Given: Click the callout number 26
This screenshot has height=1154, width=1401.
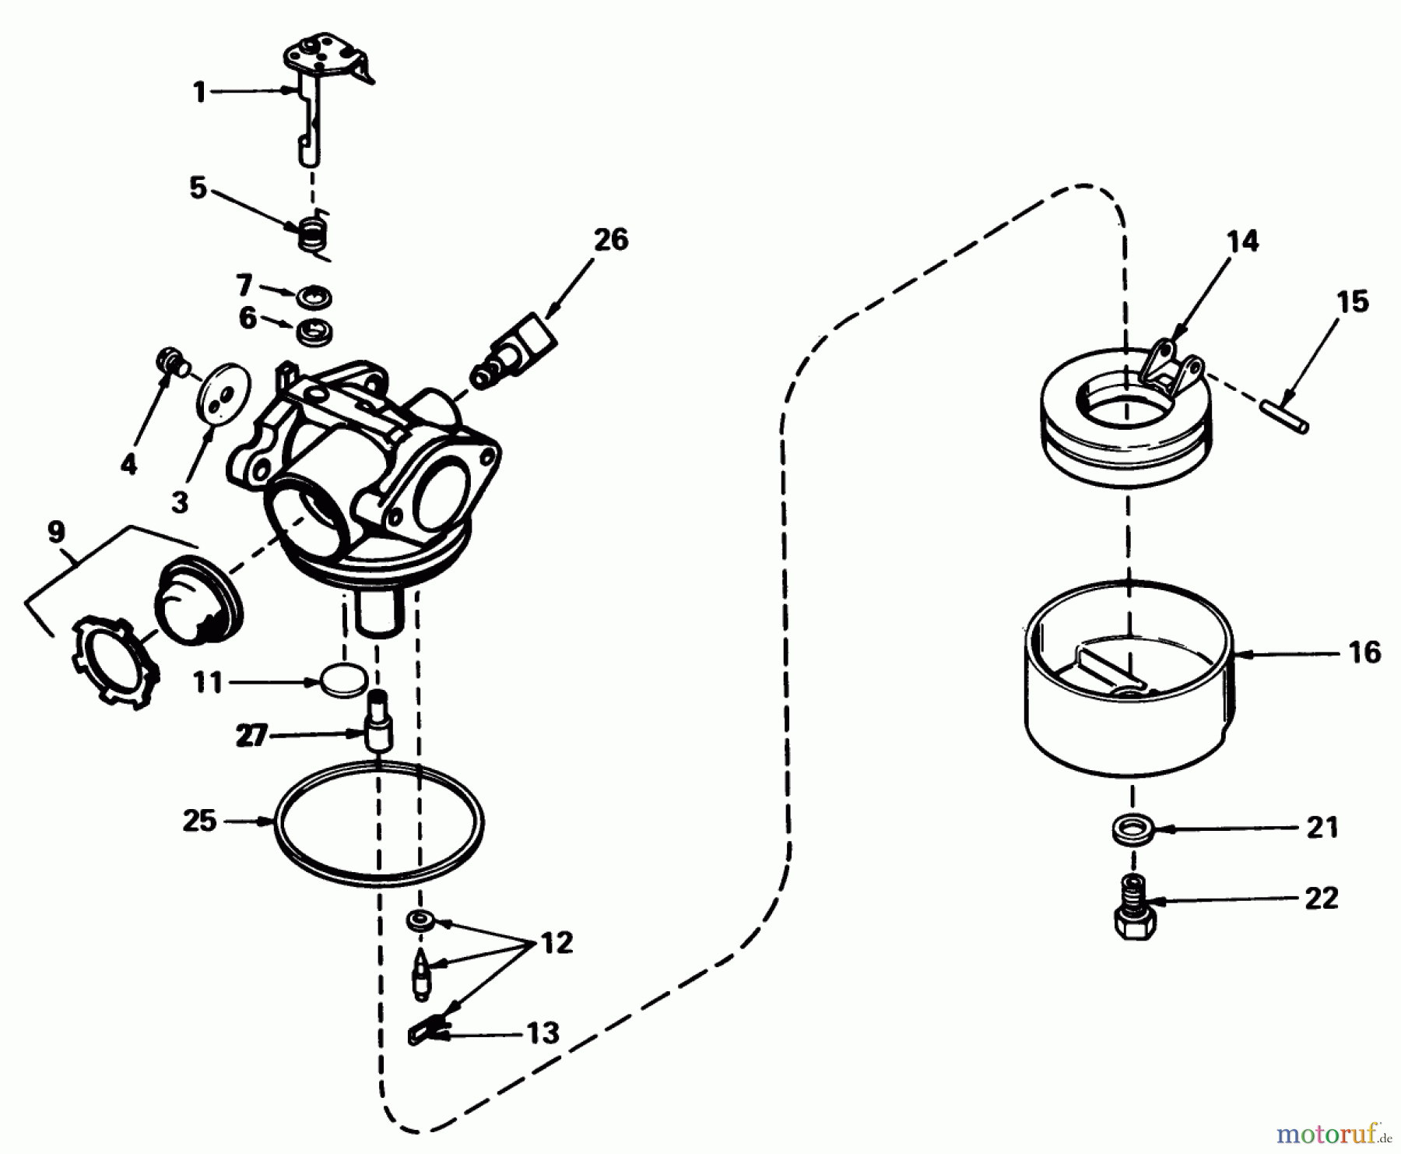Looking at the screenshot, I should click(610, 240).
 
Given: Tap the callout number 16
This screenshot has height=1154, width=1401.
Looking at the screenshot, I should click(1364, 652).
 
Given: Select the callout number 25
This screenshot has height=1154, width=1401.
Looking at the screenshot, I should click(199, 821).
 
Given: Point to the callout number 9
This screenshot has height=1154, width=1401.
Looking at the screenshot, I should click(56, 532).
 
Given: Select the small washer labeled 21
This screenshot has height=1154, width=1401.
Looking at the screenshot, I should click(1131, 828).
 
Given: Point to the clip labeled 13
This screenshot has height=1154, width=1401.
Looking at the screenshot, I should click(426, 1033).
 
